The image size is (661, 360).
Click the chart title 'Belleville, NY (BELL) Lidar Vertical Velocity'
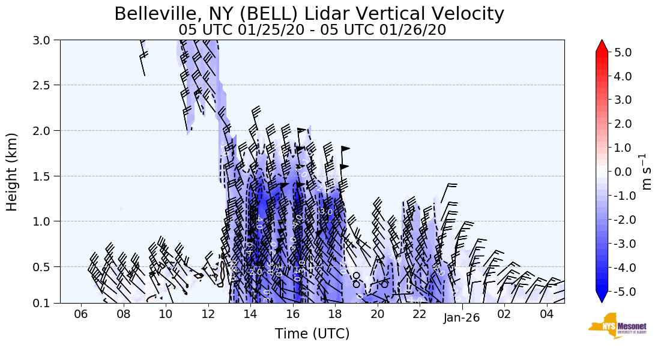tap(309, 13)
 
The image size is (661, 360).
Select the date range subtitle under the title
tap(312, 30)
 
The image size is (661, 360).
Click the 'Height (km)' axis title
tap(13, 172)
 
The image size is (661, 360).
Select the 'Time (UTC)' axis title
tap(312, 334)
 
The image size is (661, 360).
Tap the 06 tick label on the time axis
tap(81, 315)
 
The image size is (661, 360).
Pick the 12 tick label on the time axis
tap(208, 315)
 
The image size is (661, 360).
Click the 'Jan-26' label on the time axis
tap(462, 317)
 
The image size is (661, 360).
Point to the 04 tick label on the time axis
tap(546, 315)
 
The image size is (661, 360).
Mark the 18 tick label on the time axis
tap(335, 315)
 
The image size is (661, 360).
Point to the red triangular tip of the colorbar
tap(602, 46)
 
